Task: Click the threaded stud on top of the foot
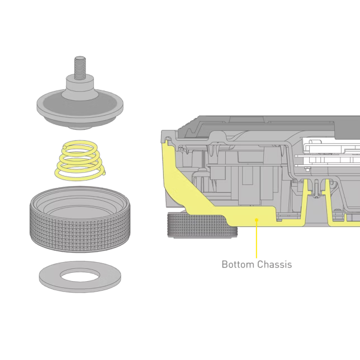click(80, 68)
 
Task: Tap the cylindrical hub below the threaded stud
click(80, 87)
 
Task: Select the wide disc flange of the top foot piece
click(80, 108)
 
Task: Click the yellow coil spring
click(80, 160)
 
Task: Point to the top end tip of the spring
click(65, 147)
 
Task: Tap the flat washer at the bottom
click(80, 276)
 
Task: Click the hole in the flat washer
click(80, 274)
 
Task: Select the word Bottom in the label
click(238, 264)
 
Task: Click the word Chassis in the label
click(274, 264)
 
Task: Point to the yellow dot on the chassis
click(257, 220)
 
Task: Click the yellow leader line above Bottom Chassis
click(257, 239)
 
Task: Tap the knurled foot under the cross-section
click(202, 225)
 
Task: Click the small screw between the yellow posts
click(316, 189)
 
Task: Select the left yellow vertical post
click(305, 199)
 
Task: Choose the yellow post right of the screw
click(328, 200)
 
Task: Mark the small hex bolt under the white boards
click(307, 169)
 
